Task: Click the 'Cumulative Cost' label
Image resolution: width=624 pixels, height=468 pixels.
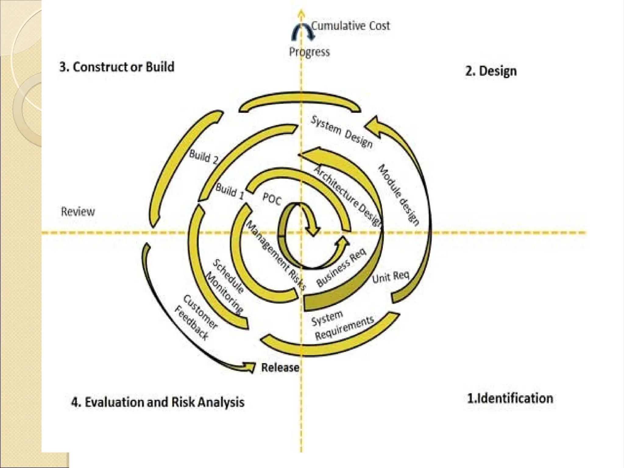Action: tap(350, 26)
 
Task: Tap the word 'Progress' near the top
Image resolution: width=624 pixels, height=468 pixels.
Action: tap(309, 51)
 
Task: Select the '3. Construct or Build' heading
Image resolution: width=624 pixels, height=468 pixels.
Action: tap(117, 67)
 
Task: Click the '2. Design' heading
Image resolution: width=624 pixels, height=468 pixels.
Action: tap(491, 71)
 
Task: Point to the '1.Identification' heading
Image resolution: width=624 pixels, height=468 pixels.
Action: tap(510, 398)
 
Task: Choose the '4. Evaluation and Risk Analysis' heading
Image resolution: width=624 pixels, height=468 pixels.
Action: tap(158, 402)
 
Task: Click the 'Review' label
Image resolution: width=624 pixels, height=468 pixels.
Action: tap(78, 211)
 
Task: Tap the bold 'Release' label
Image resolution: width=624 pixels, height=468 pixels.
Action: tap(280, 367)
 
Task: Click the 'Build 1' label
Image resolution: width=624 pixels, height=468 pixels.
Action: tap(230, 191)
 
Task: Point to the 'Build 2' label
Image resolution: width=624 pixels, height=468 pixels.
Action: tap(204, 157)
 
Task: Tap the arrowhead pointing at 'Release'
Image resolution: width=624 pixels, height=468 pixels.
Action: tap(250, 367)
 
